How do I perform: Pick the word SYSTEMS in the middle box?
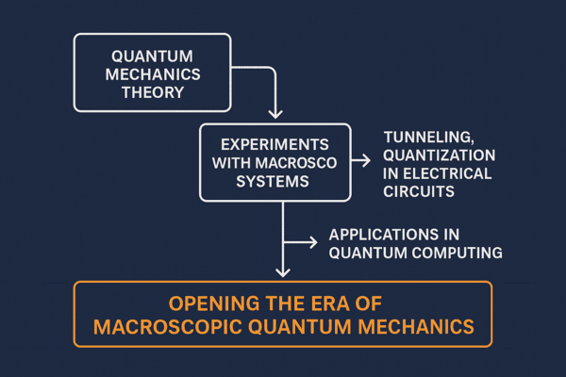point(275,183)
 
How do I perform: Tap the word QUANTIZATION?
point(439,156)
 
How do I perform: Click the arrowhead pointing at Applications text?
point(314,242)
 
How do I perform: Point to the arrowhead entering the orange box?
point(282,272)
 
